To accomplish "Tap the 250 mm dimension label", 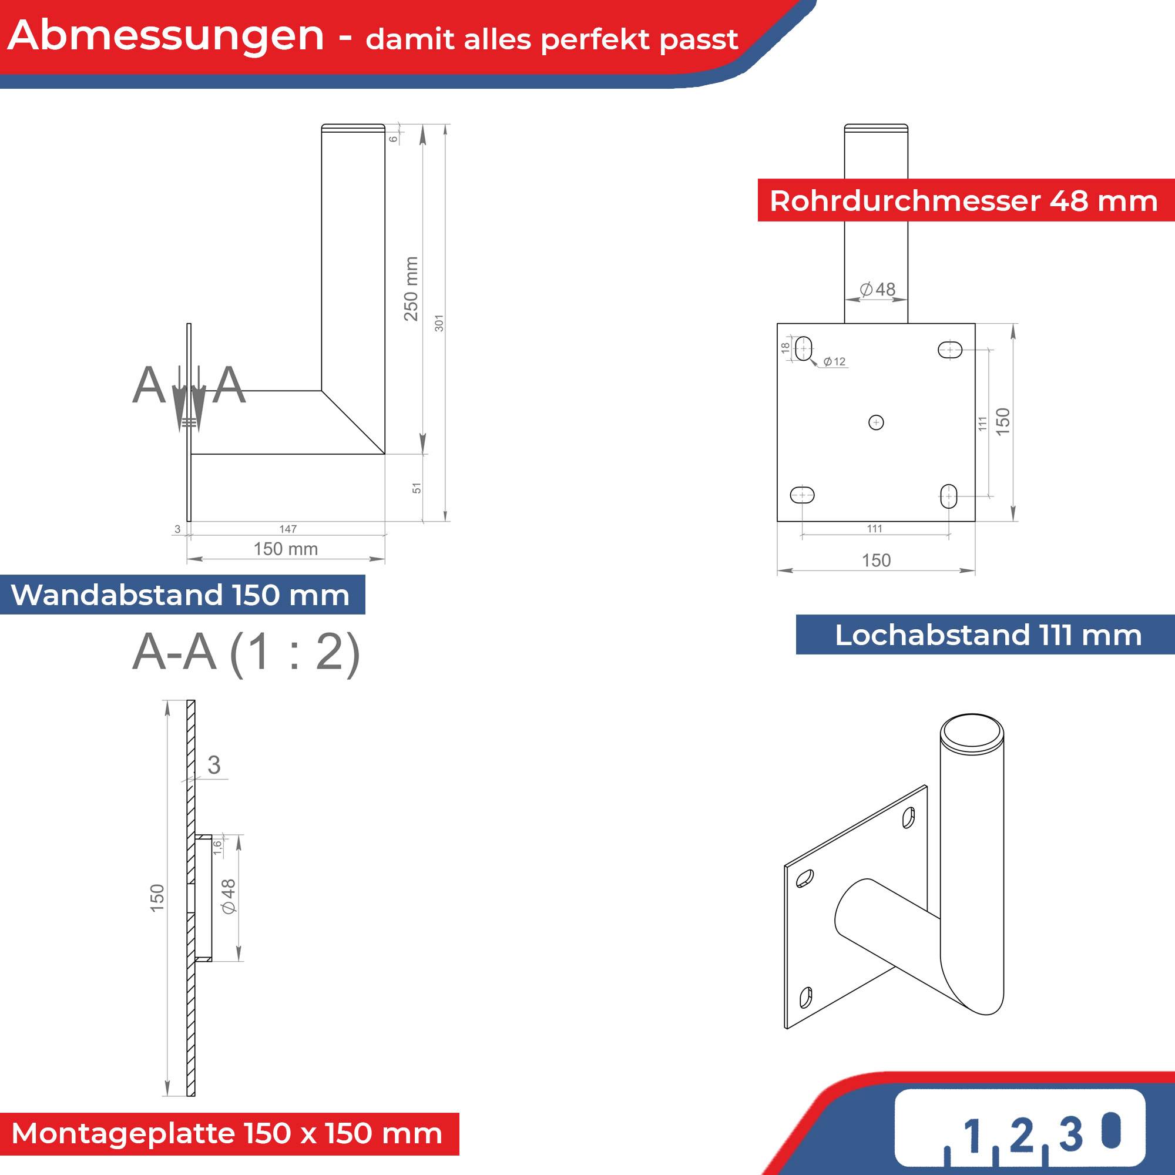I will [412, 288].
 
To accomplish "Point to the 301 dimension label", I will [439, 323].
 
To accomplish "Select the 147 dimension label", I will [288, 529].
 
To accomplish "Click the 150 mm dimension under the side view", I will [286, 549].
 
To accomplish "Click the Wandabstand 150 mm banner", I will [180, 595].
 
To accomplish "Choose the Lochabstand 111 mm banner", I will [988, 635].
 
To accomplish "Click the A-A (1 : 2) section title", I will [246, 653].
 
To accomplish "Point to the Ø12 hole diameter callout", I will [834, 362].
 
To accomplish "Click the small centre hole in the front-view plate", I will [876, 422].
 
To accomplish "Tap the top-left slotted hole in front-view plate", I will [803, 348].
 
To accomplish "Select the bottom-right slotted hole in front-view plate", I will [949, 496].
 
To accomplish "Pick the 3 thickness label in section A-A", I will [213, 765].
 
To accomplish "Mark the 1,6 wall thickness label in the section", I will [217, 847].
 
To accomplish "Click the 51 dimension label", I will [417, 488].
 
